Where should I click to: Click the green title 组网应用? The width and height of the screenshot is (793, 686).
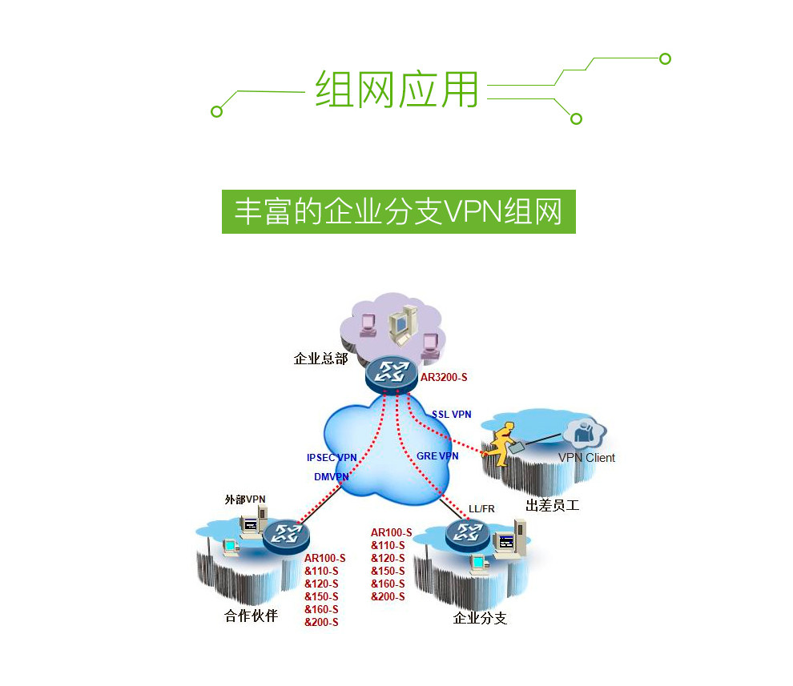[x=396, y=88]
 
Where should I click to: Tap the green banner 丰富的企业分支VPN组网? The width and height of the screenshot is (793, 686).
[x=398, y=211]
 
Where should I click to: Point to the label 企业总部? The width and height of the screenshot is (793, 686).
[x=321, y=359]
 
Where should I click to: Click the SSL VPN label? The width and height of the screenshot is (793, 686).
[x=452, y=415]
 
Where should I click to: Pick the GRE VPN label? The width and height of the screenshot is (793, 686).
[x=437, y=456]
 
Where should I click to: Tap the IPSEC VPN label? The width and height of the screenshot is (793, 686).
[x=332, y=458]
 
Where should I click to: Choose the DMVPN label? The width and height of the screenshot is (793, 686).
[x=332, y=477]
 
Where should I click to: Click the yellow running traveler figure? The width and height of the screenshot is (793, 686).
[x=502, y=445]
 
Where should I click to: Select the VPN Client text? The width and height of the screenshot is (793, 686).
[x=586, y=458]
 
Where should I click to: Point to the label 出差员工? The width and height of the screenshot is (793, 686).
[x=552, y=506]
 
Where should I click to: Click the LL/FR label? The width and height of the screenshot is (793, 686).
[x=481, y=509]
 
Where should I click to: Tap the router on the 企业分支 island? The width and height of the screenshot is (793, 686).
[x=468, y=531]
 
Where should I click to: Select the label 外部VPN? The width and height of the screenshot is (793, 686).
[x=245, y=499]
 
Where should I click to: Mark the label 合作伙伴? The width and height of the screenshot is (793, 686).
[x=251, y=616]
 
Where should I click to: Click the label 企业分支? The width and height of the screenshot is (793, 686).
[x=480, y=618]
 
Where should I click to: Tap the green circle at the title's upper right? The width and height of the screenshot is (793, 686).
[x=664, y=58]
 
